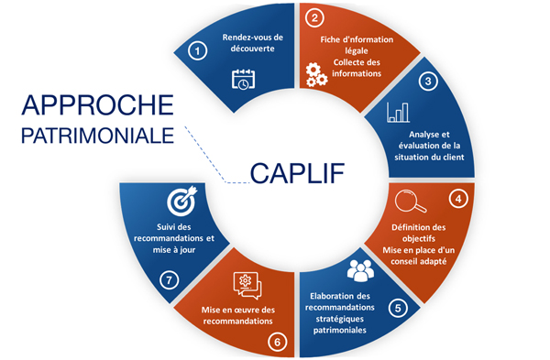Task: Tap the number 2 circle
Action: coord(314,17)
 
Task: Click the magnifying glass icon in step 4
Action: coord(406,201)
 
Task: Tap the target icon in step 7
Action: coord(177,200)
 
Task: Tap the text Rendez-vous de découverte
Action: coord(248,43)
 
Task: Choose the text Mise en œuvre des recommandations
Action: coord(237,315)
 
